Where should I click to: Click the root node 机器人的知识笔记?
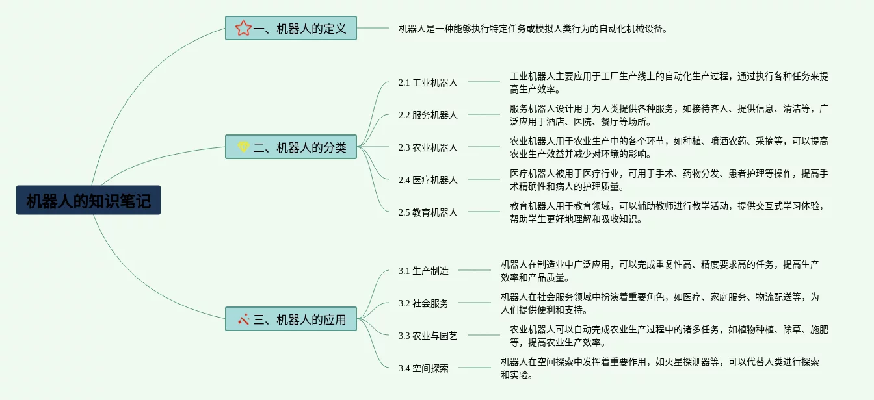(x=88, y=201)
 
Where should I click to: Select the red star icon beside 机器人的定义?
(x=243, y=28)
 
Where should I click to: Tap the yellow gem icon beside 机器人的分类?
(x=243, y=147)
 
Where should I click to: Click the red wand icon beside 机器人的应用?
(x=243, y=319)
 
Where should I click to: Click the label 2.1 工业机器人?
(x=428, y=82)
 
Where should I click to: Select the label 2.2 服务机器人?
(x=428, y=115)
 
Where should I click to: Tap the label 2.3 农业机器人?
(x=428, y=147)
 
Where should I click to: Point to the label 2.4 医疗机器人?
(x=428, y=180)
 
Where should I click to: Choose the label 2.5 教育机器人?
(x=428, y=212)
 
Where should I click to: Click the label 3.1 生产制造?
(x=423, y=271)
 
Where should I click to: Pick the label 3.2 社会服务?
(x=423, y=303)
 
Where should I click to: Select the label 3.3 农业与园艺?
(x=428, y=336)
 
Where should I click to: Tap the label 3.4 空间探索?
(x=423, y=368)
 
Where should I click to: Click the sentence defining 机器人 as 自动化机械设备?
(x=533, y=29)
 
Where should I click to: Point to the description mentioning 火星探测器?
(x=659, y=368)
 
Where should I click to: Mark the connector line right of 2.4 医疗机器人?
(x=484, y=179)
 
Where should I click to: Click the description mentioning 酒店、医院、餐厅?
(x=669, y=115)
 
